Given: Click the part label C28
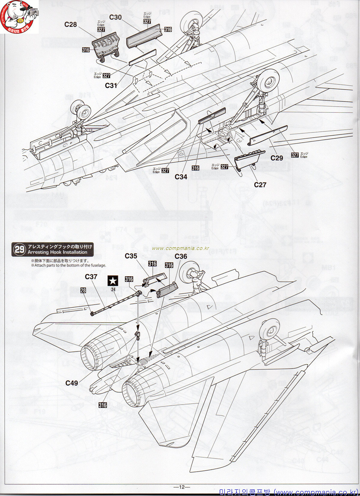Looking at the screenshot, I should pyautogui.click(x=71, y=25).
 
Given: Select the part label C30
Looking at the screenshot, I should pyautogui.click(x=115, y=17).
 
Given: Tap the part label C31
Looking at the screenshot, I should pyautogui.click(x=111, y=86).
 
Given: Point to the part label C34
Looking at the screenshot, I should pyautogui.click(x=181, y=177).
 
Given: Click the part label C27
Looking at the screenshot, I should pyautogui.click(x=260, y=185).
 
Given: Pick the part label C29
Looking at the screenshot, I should pyautogui.click(x=277, y=158).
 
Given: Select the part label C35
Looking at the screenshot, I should pyautogui.click(x=131, y=256).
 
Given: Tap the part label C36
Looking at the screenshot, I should pyautogui.click(x=181, y=256).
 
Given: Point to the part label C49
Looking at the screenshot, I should pyautogui.click(x=72, y=383).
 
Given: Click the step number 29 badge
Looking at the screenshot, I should pyautogui.click(x=19, y=250).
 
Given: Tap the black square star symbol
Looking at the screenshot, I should pyautogui.click(x=113, y=280).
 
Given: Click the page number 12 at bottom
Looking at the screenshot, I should pyautogui.click(x=182, y=487).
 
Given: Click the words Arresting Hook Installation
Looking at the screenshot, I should pyautogui.click(x=57, y=252).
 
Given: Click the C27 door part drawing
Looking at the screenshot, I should pyautogui.click(x=249, y=159).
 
